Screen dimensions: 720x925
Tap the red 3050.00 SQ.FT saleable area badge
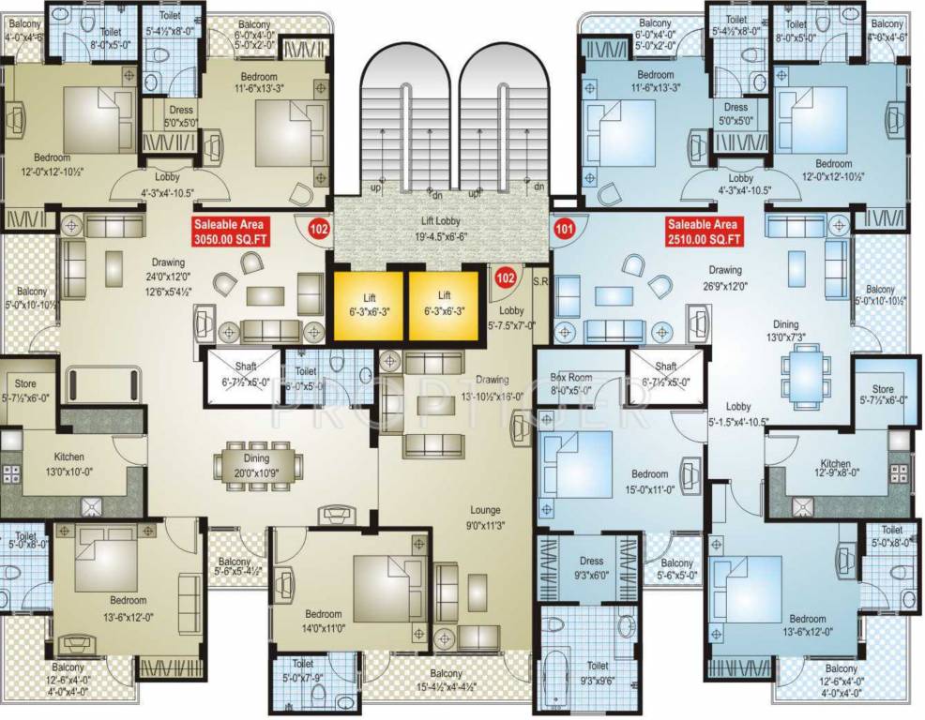(230, 231)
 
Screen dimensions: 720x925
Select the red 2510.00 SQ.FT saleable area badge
(704, 231)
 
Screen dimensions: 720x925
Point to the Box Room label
(569, 382)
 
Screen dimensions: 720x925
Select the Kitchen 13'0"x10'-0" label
(69, 463)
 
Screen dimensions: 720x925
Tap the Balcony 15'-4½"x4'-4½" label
(446, 680)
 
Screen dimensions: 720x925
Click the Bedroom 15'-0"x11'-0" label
(649, 480)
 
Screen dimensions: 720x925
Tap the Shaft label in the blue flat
(666, 373)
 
